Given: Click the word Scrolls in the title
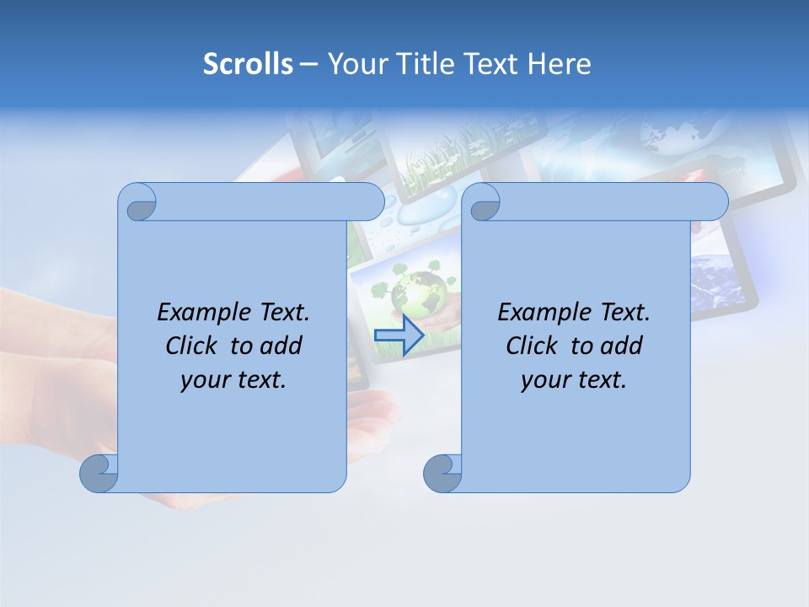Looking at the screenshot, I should click(x=248, y=64).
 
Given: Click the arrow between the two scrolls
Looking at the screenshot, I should click(x=399, y=335).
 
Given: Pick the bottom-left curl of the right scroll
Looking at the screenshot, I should click(x=442, y=473).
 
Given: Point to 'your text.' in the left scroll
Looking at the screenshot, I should click(x=233, y=379).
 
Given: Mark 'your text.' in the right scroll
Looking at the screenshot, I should click(x=574, y=379).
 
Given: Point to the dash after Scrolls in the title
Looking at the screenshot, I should click(x=309, y=64).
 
